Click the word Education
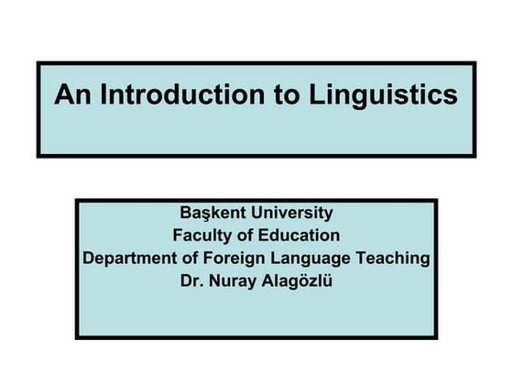(298, 236)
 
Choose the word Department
(130, 258)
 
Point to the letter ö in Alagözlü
(303, 281)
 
